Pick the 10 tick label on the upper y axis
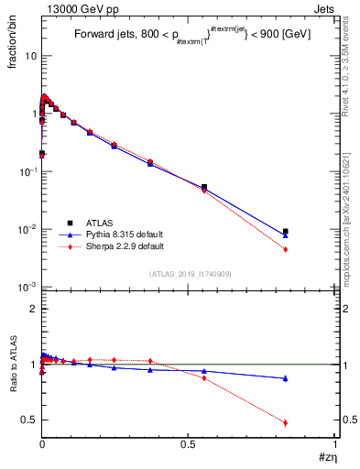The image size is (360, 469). [x=31, y=56]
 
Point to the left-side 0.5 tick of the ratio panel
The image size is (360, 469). [x=30, y=420]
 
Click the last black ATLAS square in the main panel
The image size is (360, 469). [x=286, y=232]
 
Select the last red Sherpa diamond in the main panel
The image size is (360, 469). [x=286, y=249]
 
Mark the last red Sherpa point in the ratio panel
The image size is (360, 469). [x=286, y=422]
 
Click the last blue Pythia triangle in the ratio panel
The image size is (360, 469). [x=286, y=378]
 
